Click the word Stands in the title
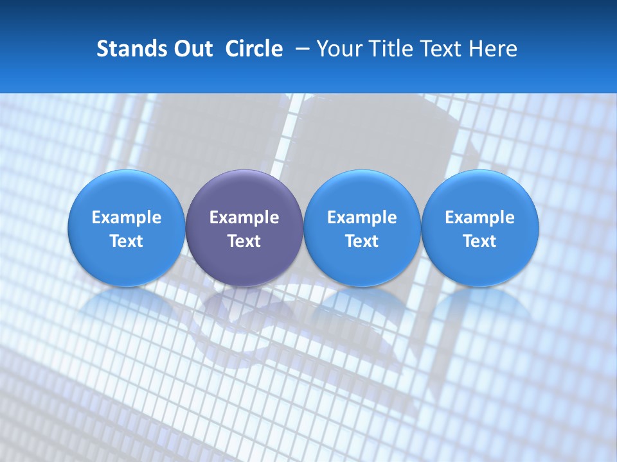click(129, 49)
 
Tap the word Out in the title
click(192, 49)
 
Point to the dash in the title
click(300, 49)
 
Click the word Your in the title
click(340, 49)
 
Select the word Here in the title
click(493, 49)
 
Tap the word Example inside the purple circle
click(244, 218)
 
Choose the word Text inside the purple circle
click(244, 241)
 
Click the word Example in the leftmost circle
click(126, 218)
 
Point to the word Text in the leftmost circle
click(126, 241)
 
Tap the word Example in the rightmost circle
click(480, 218)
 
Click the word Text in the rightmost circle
click(480, 241)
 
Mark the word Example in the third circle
click(362, 218)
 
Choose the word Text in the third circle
click(362, 241)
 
